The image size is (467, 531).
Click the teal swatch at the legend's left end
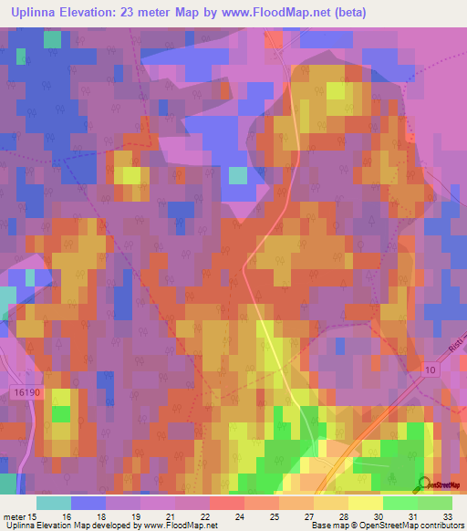[54, 503]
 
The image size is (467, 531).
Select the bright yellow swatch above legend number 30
[365, 503]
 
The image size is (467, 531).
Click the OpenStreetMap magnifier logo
[423, 484]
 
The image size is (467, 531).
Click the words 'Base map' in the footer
[327, 526]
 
